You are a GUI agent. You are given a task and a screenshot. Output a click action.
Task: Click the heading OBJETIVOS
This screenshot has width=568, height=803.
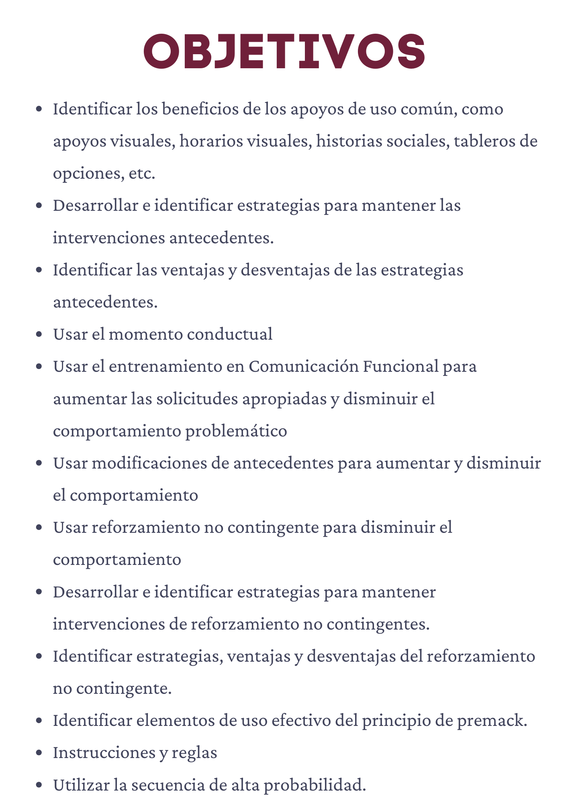[x=284, y=51]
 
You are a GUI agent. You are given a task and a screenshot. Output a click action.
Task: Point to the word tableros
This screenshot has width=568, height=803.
[x=483, y=141]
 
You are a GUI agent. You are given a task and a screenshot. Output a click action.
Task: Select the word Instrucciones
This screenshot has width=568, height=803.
[x=103, y=752]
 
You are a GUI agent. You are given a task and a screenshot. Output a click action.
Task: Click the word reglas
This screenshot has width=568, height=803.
[x=194, y=753]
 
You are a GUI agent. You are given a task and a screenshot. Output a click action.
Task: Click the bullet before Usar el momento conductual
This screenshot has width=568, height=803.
[x=39, y=334]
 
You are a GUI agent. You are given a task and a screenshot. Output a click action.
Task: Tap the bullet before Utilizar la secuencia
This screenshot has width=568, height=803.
[x=39, y=785]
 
